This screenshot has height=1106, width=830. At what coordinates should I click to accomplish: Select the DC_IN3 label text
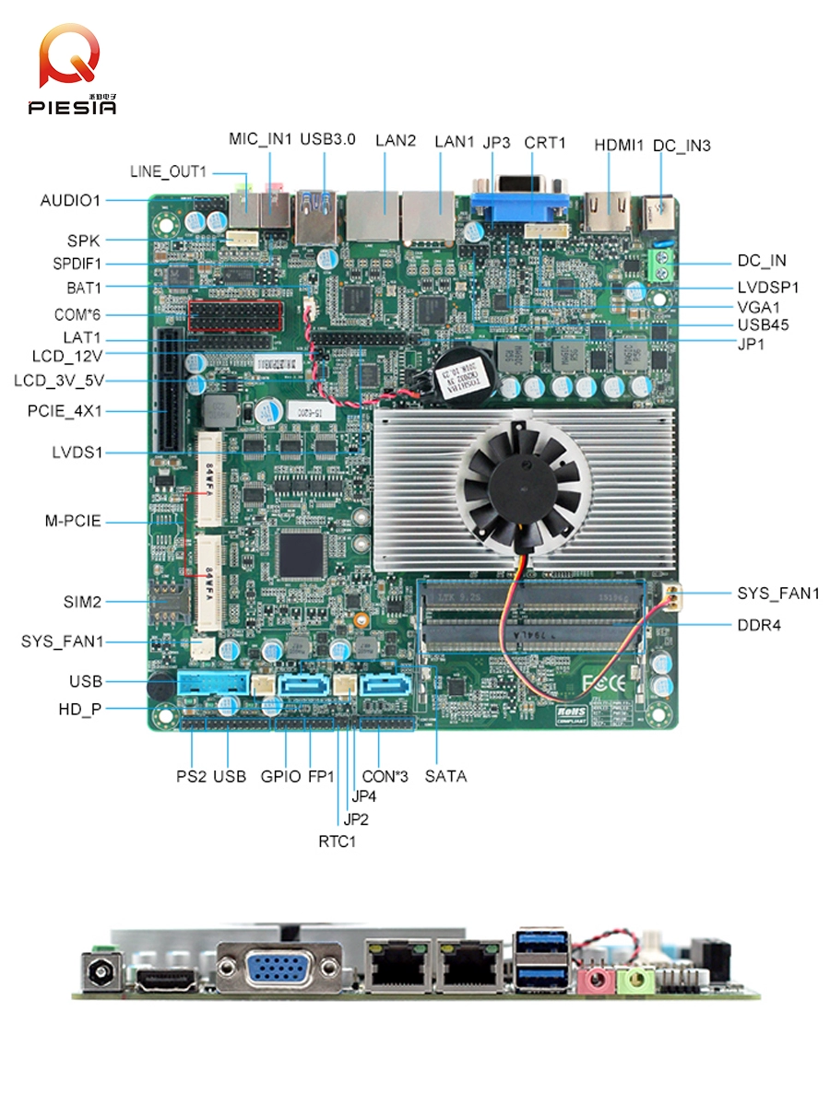tap(682, 146)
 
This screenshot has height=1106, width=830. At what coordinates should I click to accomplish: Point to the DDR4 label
tap(759, 625)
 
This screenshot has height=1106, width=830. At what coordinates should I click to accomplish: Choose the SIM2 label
tap(83, 602)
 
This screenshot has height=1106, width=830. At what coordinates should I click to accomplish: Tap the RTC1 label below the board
tap(337, 841)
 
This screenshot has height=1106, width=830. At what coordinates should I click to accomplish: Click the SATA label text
tap(445, 776)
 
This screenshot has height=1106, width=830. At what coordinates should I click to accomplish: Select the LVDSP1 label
tap(767, 288)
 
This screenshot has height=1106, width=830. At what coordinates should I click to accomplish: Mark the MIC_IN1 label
tap(260, 140)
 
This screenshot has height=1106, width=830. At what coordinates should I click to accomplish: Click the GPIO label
tap(280, 776)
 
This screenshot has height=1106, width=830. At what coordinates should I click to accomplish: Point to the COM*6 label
tap(77, 314)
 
